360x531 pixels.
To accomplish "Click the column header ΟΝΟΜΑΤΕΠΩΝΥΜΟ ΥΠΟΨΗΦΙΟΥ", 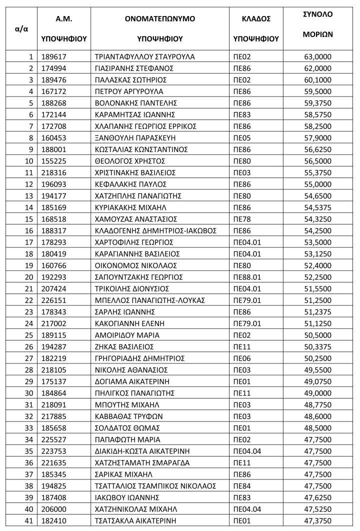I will (159, 28).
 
